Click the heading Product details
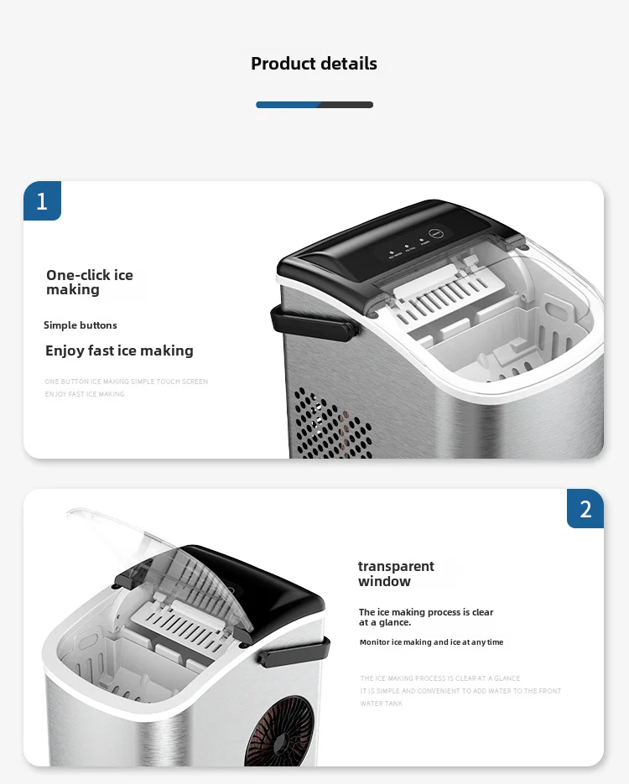314,64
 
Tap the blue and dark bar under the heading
314,105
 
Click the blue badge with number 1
42,201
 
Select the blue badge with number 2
585,508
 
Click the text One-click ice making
89,283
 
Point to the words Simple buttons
81,325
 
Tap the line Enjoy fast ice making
119,350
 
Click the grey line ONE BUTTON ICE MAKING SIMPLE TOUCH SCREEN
126,382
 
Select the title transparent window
396,574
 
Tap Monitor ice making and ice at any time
431,642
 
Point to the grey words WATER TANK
382,704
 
